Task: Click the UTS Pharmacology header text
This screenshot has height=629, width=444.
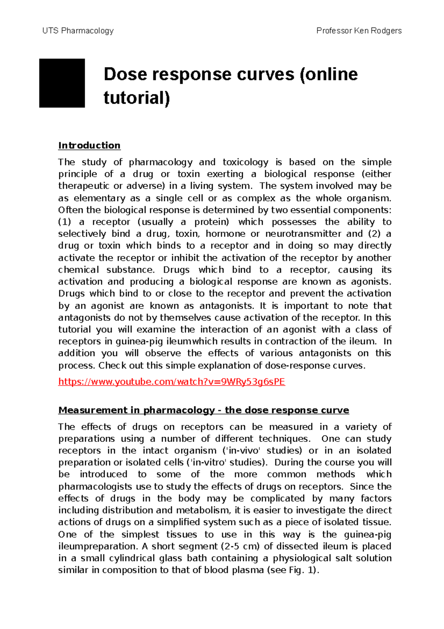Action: [x=78, y=31]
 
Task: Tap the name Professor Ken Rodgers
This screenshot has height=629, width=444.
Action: [x=359, y=31]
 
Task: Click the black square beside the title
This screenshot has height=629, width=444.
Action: [x=62, y=83]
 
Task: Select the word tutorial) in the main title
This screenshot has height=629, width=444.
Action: [x=137, y=98]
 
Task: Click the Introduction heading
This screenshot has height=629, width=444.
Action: [x=89, y=145]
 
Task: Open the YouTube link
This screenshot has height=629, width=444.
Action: [x=172, y=382]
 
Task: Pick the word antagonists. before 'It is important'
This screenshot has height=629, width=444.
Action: [x=227, y=306]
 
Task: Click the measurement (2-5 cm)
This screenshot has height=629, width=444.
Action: [x=240, y=546]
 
